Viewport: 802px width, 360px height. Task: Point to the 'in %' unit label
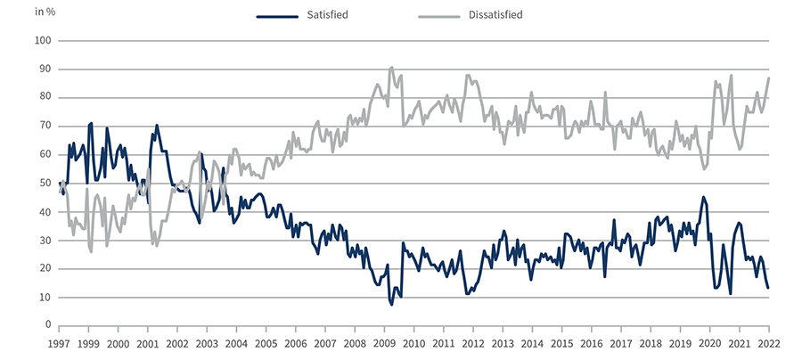click(45, 12)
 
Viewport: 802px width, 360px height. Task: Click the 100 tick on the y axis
click(42, 41)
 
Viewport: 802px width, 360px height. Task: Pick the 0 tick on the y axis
click(47, 325)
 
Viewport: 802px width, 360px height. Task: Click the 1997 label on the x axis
click(59, 343)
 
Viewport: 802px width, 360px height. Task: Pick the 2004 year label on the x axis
click(235, 343)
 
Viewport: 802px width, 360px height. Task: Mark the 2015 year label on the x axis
click(561, 343)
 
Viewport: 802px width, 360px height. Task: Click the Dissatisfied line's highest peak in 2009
click(392, 67)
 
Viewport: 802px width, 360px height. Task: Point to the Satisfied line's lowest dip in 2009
click(391, 305)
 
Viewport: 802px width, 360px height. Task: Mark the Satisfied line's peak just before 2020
click(703, 197)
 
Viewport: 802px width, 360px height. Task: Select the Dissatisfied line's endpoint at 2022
click(769, 78)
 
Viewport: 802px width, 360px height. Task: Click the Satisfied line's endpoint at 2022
click(769, 288)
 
